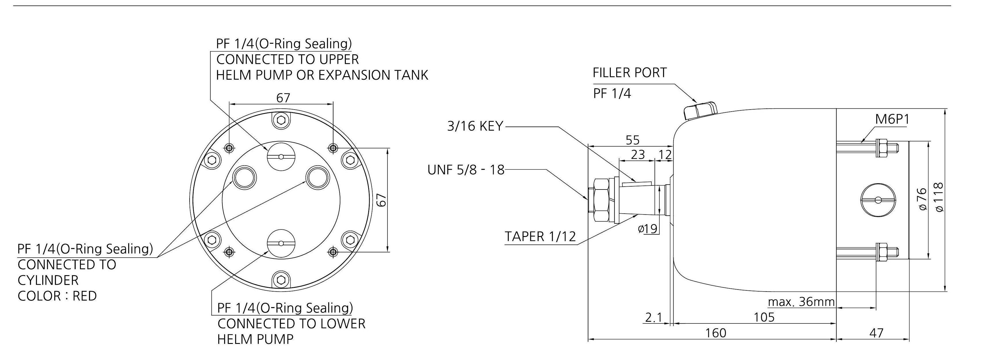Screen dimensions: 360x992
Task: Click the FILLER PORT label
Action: (629, 73)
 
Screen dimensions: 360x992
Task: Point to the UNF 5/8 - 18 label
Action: (466, 170)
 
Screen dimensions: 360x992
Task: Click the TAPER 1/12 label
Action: (540, 236)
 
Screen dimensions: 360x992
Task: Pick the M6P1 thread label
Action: (892, 119)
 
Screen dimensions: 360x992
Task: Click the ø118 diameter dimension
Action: (939, 197)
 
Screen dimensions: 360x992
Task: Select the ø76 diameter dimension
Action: (922, 199)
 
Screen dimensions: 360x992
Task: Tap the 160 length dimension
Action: (715, 333)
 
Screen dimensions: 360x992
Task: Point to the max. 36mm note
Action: (801, 301)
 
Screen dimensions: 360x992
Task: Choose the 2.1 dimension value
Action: (653, 318)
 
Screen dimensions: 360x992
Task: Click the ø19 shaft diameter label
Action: (647, 229)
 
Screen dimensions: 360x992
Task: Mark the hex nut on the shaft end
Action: (602, 200)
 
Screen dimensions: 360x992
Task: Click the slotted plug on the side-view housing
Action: (877, 200)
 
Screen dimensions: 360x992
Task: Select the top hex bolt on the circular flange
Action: (281, 120)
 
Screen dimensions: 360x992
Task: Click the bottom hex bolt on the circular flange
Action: (281, 279)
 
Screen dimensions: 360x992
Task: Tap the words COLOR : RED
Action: (57, 296)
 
